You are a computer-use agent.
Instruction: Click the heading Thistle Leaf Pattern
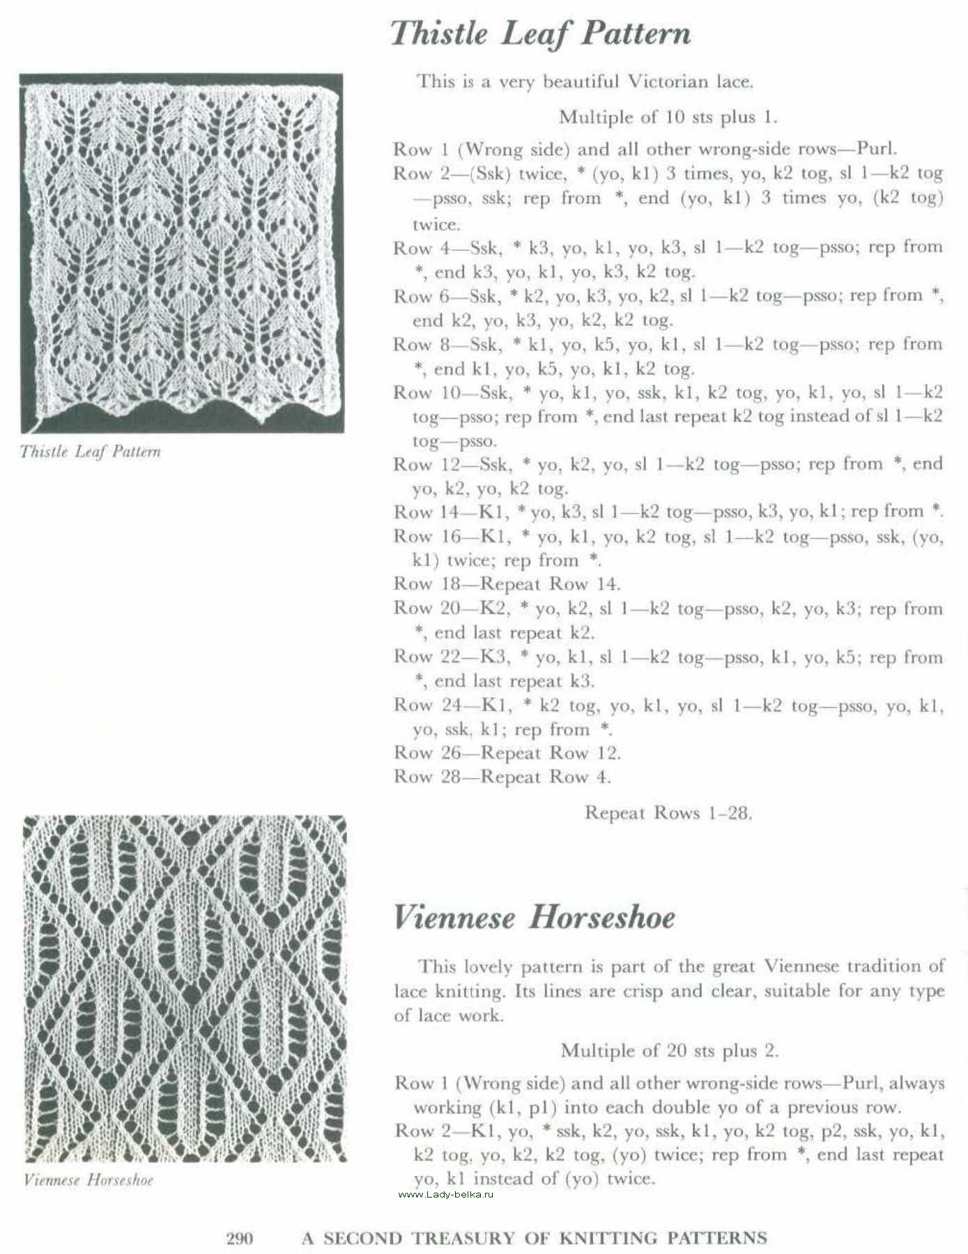tap(541, 33)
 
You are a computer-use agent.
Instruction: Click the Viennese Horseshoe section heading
tap(534, 917)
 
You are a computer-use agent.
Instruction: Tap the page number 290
tap(240, 1238)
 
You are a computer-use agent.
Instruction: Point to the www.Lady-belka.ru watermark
tap(446, 1194)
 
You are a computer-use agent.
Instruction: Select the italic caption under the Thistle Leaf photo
tap(91, 451)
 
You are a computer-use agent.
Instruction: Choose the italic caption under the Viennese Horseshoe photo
tap(89, 1179)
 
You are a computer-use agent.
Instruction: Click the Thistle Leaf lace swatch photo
tap(181, 252)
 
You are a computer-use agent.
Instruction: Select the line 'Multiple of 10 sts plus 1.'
tap(668, 117)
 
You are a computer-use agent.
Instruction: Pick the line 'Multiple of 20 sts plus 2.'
tap(669, 1050)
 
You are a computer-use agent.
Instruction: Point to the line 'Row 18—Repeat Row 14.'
tap(507, 584)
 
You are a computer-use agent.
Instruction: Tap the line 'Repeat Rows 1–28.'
tap(668, 812)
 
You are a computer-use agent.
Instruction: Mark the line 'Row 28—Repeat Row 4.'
tap(502, 776)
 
